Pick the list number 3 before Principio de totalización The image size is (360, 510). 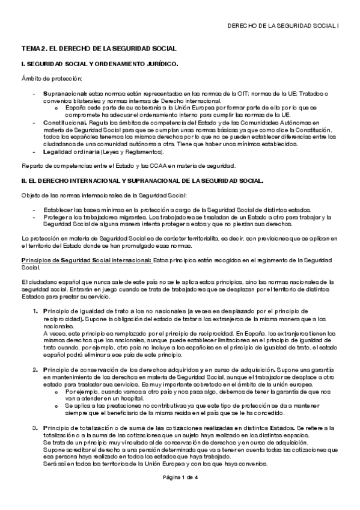coord(35,426)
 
